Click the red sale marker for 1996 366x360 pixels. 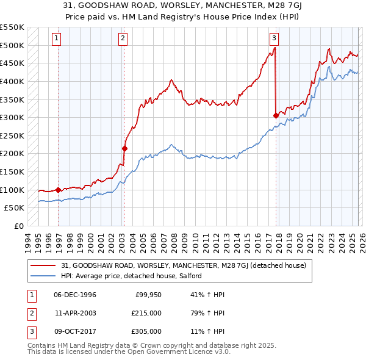tap(59, 190)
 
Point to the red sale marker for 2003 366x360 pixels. tap(124, 148)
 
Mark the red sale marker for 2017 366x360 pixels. tap(276, 115)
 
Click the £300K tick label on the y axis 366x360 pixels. tap(12, 117)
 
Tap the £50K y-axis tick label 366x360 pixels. tap(15, 208)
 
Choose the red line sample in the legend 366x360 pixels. tap(45, 265)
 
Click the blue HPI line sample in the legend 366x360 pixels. tap(45, 276)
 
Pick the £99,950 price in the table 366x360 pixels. tap(148, 295)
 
